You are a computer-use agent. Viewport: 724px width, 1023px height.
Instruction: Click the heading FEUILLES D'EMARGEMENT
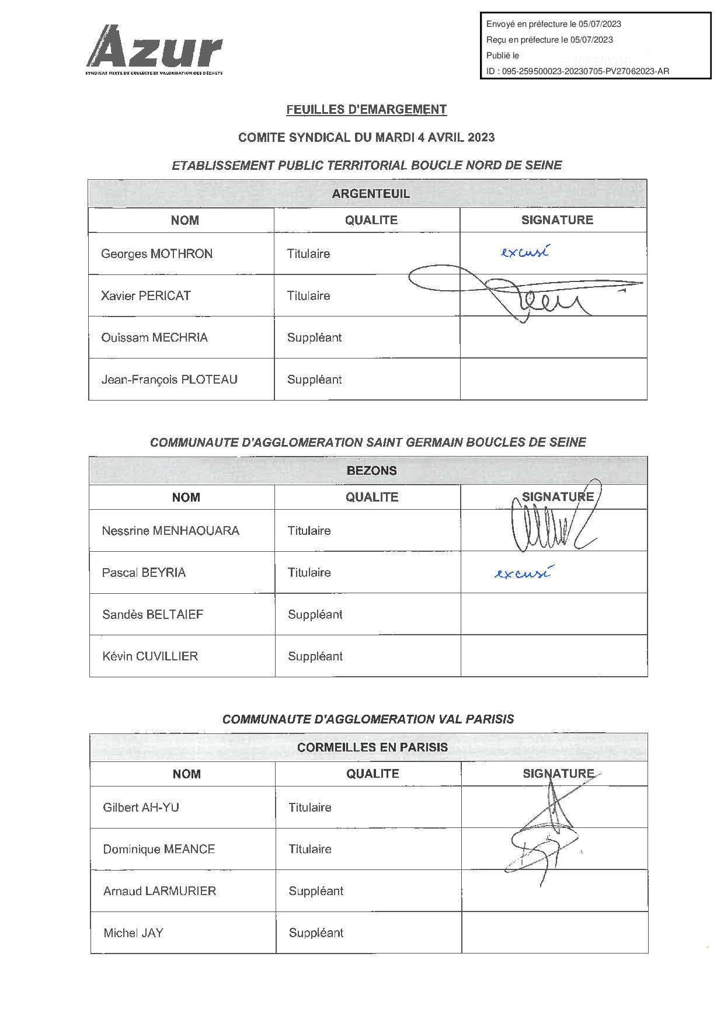(366, 110)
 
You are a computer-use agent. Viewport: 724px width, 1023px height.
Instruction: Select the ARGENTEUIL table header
(371, 194)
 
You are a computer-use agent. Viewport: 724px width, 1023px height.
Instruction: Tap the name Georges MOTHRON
(156, 254)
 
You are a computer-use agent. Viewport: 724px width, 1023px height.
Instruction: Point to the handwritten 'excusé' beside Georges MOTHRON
(524, 252)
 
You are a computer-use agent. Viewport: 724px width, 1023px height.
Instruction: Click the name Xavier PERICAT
(145, 296)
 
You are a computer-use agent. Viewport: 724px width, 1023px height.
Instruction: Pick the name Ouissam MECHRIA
(154, 338)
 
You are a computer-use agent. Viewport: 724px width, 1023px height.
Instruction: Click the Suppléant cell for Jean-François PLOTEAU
(314, 380)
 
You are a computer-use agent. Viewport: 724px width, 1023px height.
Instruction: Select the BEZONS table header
(371, 471)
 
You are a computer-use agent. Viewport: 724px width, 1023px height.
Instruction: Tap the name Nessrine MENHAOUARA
(170, 531)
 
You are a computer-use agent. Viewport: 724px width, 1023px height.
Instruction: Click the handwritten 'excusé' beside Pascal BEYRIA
(522, 573)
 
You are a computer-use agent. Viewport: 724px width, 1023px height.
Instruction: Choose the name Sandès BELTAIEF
(152, 615)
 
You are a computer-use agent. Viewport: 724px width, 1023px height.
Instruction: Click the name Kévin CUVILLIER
(150, 657)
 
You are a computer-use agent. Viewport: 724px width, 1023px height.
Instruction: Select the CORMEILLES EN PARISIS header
(372, 747)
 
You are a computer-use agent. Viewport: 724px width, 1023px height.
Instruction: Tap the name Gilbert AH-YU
(141, 808)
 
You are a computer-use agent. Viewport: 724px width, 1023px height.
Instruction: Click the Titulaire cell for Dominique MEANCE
(310, 850)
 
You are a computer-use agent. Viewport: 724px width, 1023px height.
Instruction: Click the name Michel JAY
(133, 933)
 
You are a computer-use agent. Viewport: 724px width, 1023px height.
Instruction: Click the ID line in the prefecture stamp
(577, 71)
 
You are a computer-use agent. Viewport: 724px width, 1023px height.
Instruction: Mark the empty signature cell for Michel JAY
(554, 933)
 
